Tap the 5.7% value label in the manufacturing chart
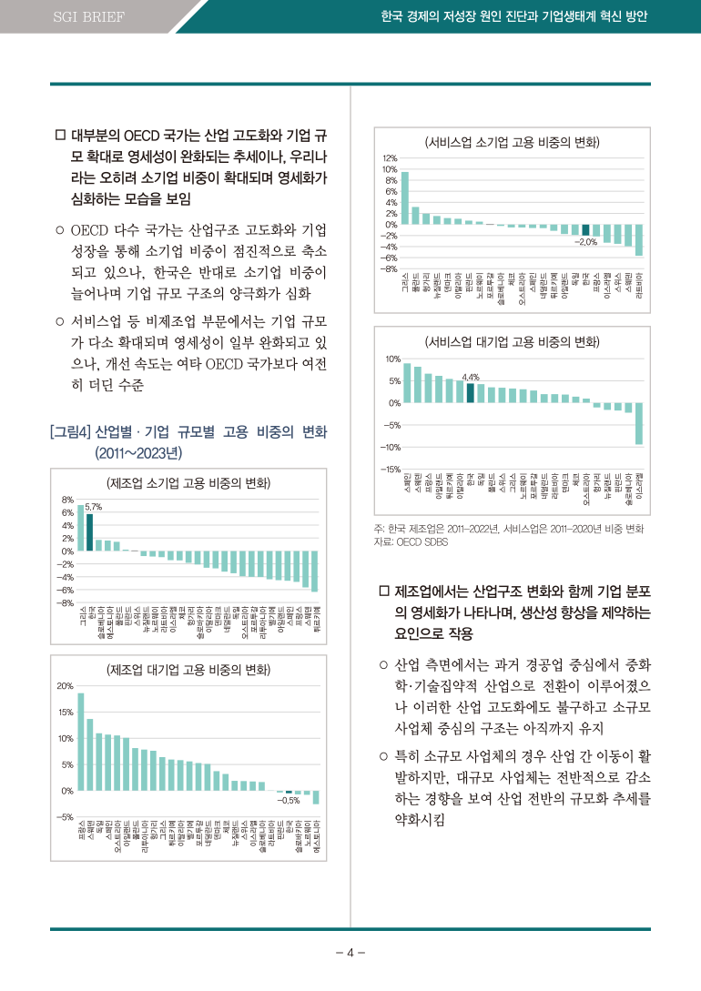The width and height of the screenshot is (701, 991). pyautogui.click(x=93, y=506)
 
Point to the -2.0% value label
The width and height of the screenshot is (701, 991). pyautogui.click(x=585, y=242)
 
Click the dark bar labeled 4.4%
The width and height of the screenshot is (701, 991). pyautogui.click(x=470, y=392)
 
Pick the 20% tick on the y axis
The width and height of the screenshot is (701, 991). pyautogui.click(x=66, y=685)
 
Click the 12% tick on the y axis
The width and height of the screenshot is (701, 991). pyautogui.click(x=390, y=158)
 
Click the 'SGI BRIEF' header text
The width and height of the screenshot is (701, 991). pyautogui.click(x=88, y=17)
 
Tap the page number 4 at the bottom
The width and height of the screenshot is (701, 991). pyautogui.click(x=350, y=954)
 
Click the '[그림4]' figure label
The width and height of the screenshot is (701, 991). pyautogui.click(x=70, y=430)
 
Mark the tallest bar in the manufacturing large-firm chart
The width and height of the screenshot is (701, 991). pyautogui.click(x=81, y=742)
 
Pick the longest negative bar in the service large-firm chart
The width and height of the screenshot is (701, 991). pyautogui.click(x=639, y=423)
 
